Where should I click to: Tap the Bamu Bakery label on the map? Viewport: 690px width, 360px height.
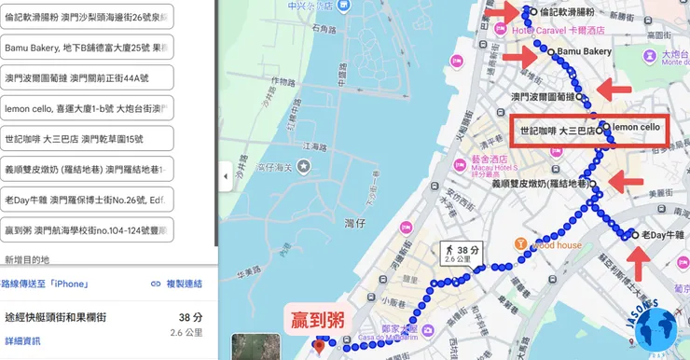(x=584, y=51)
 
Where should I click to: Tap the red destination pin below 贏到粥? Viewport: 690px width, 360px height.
(x=320, y=347)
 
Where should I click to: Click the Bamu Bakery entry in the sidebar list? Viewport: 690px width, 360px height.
(x=88, y=48)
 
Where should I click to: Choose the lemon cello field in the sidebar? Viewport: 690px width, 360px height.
(x=88, y=108)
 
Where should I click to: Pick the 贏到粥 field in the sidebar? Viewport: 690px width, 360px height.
(x=88, y=229)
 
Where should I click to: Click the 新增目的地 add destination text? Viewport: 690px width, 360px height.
(x=27, y=259)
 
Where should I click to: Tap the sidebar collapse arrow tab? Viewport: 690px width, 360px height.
(x=225, y=175)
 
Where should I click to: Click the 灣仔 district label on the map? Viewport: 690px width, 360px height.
(x=354, y=224)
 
